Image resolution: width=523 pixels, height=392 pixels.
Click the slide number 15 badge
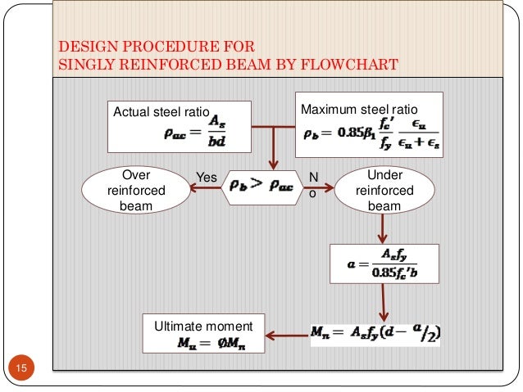(x=22, y=370)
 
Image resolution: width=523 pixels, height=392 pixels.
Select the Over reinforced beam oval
(x=136, y=190)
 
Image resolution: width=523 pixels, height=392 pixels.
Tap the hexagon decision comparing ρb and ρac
(x=261, y=187)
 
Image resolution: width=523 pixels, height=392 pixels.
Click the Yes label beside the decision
(x=206, y=177)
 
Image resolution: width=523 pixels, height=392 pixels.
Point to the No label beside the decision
(x=313, y=184)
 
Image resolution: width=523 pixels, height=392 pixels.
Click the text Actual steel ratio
(x=161, y=112)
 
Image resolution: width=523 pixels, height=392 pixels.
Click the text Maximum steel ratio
(x=359, y=109)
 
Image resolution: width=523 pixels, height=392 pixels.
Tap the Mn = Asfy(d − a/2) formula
(x=375, y=333)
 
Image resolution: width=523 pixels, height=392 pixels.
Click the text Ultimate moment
(x=203, y=327)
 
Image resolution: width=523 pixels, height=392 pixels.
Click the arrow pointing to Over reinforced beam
(x=202, y=188)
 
